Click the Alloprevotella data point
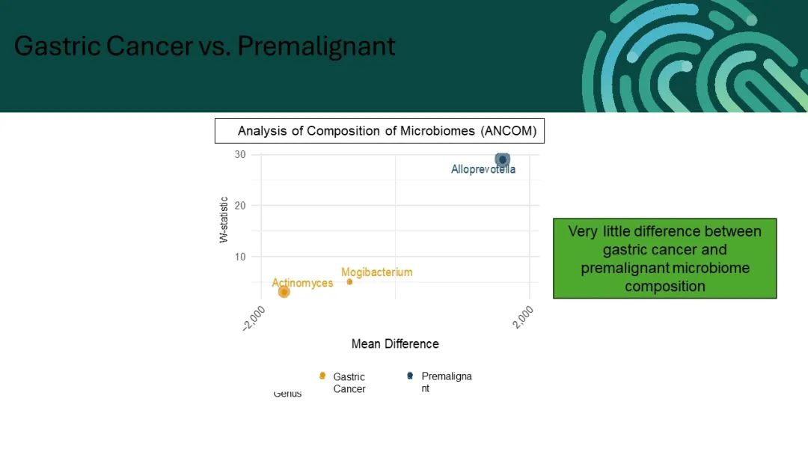(x=503, y=159)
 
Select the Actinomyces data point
(x=284, y=292)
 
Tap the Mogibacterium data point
(x=349, y=282)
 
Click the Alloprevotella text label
(x=483, y=169)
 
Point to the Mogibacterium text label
(x=376, y=272)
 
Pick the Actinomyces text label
(x=302, y=283)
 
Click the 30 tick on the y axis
(x=240, y=155)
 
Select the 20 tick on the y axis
(x=240, y=206)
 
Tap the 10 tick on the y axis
(x=240, y=257)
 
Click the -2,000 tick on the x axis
(x=254, y=318)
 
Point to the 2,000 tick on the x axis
(x=523, y=317)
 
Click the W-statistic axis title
(x=224, y=219)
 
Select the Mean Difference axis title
(x=395, y=343)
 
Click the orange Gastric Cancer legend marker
(x=322, y=376)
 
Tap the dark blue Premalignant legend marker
(x=410, y=376)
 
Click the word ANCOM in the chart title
(x=509, y=131)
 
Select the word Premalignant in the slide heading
(x=316, y=46)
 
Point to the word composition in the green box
(x=665, y=287)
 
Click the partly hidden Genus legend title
(x=287, y=394)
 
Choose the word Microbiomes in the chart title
(x=438, y=131)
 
